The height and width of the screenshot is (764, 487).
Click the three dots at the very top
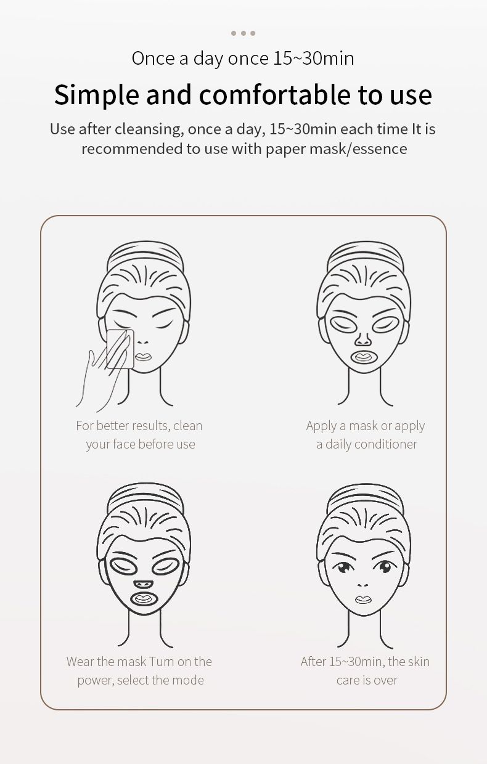point(243,33)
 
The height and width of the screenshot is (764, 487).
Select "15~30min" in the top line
point(314,59)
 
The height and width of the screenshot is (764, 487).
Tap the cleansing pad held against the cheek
point(120,349)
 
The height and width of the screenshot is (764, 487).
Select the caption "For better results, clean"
point(139,426)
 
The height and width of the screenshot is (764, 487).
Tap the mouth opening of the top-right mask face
point(364,357)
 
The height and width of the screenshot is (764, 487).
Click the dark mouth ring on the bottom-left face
point(143,598)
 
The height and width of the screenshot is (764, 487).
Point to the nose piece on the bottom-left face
point(143,583)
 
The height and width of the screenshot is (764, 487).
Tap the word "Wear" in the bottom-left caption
point(80,662)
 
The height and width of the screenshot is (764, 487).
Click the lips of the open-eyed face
point(363,599)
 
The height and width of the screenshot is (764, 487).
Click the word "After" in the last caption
point(313,662)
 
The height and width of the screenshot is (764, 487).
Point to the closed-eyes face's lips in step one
point(143,357)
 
